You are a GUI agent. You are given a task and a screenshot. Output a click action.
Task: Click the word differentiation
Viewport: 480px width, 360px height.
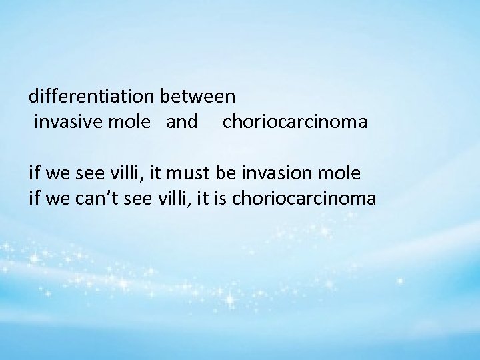pos(92,97)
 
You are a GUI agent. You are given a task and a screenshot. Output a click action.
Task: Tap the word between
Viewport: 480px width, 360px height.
pos(198,97)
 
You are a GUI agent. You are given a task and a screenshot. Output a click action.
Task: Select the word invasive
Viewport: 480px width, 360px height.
pos(63,123)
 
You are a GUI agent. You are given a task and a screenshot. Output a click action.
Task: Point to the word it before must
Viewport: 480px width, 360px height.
pos(160,173)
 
